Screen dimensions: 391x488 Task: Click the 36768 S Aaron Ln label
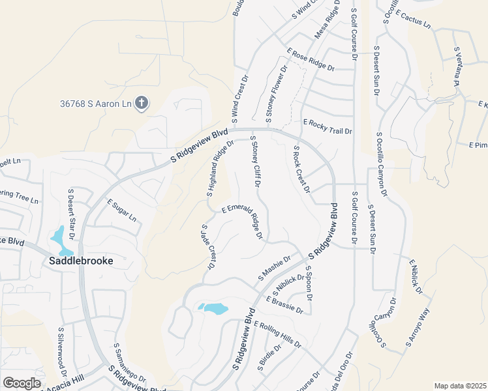[x=95, y=104]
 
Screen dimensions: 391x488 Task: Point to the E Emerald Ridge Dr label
[x=242, y=220]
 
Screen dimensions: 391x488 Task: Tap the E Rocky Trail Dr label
[x=328, y=127]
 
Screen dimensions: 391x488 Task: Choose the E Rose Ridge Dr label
[x=311, y=59]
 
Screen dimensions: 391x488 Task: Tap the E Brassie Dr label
[x=285, y=304]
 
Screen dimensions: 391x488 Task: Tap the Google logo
[x=22, y=383]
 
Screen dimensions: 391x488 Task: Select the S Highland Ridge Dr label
[x=221, y=169]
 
